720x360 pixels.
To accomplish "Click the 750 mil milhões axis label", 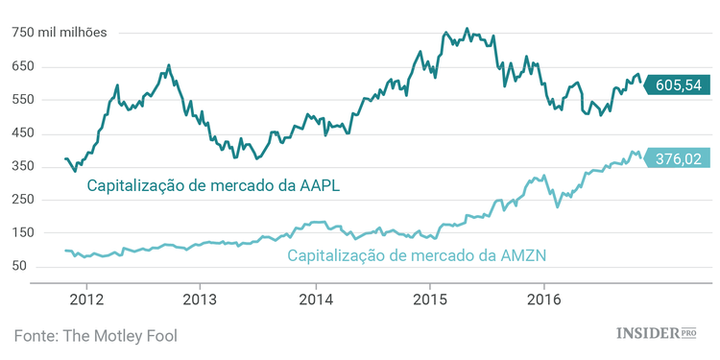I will pyautogui.click(x=60, y=33).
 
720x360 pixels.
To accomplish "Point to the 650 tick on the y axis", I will pyautogui.click(x=23, y=66).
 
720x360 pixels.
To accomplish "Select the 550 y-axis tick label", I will pyautogui.click(x=23, y=100).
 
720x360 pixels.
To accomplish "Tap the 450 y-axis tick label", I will pyautogui.click(x=23, y=133).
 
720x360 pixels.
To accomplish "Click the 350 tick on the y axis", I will pyautogui.click(x=23, y=166).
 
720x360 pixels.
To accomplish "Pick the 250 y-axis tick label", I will pyautogui.click(x=23, y=200).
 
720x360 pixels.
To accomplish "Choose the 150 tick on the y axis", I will pyautogui.click(x=23, y=232).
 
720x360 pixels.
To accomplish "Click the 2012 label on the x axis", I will pyautogui.click(x=85, y=300).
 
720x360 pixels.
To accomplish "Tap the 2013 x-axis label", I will pyautogui.click(x=200, y=300).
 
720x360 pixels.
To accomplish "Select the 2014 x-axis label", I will pyautogui.click(x=315, y=300).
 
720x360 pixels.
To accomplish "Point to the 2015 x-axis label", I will pyautogui.click(x=429, y=300).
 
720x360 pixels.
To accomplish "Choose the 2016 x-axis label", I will pyautogui.click(x=544, y=300).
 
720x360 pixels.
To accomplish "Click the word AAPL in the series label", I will pyautogui.click(x=318, y=185).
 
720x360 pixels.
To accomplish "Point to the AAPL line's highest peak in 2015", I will pyautogui.click(x=467, y=29).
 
